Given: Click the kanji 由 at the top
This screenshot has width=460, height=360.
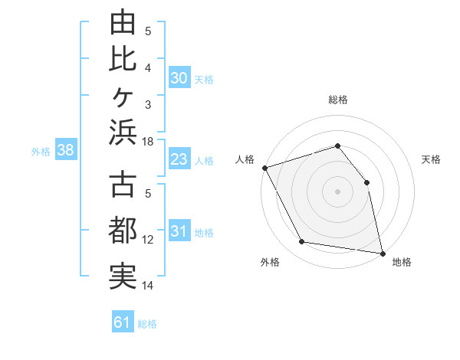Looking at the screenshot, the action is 123,21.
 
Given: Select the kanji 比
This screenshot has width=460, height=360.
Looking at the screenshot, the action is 123,60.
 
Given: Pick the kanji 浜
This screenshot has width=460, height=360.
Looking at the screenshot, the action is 123,133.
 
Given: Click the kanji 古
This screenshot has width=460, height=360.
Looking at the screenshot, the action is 123,184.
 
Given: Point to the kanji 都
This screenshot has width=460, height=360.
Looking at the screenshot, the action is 123,230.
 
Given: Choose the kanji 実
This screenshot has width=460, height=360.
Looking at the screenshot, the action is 123,277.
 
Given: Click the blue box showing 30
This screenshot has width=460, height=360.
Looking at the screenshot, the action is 179,77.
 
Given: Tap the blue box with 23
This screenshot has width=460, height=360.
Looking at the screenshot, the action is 179,159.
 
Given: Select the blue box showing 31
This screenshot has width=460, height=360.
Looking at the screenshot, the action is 179,230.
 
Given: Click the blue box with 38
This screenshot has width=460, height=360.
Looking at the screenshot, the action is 66,149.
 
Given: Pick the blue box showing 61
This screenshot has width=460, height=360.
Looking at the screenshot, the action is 123,321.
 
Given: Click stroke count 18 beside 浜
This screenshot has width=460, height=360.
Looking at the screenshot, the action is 147,142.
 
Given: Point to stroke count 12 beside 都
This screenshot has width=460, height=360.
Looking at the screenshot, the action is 147,240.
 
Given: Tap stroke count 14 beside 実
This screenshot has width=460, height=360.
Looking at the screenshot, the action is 147,286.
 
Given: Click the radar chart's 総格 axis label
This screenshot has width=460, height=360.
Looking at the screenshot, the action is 338,100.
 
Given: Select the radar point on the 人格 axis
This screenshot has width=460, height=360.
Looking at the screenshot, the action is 265,168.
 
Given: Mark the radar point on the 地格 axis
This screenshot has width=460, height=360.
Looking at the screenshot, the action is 383,254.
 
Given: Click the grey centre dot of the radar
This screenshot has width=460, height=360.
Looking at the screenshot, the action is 337,191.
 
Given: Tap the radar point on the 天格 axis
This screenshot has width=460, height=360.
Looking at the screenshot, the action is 366,182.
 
